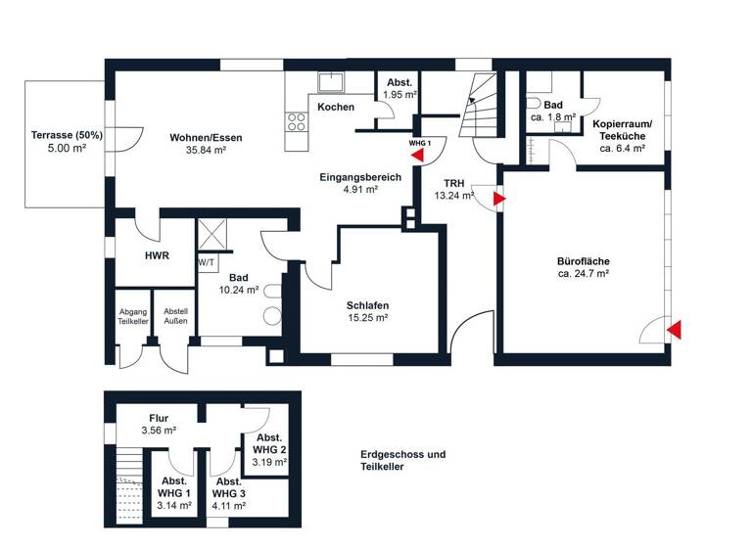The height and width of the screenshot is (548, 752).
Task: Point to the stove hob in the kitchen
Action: [x=295, y=122]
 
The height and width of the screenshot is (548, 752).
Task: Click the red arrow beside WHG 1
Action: [x=418, y=155]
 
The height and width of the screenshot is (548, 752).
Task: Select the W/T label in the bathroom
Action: [x=207, y=263]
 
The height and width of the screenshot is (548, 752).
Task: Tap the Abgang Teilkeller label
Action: [x=131, y=317]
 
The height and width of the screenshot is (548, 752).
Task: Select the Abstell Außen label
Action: [x=176, y=317]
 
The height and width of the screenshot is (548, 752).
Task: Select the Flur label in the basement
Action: [x=158, y=418]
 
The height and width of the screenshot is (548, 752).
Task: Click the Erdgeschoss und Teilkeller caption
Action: [x=401, y=460]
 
